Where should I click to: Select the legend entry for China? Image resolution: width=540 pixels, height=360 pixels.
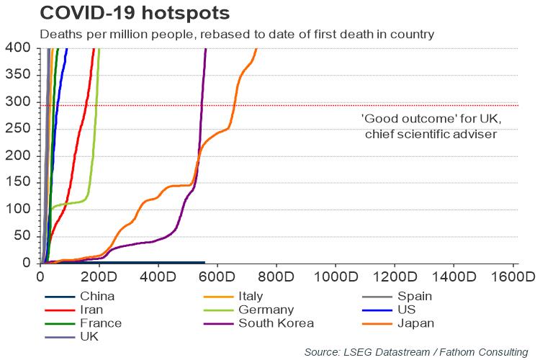coord(97,296)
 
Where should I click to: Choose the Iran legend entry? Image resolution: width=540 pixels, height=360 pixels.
coord(91,310)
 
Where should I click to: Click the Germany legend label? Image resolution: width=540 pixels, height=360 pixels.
coord(260,310)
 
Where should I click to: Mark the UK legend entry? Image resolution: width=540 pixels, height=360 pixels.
coord(89,336)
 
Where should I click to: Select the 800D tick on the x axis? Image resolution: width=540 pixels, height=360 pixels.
coord(276,276)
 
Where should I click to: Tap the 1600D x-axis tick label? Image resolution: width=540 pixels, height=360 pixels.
coord(513,276)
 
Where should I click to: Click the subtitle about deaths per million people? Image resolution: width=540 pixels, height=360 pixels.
coord(238,33)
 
